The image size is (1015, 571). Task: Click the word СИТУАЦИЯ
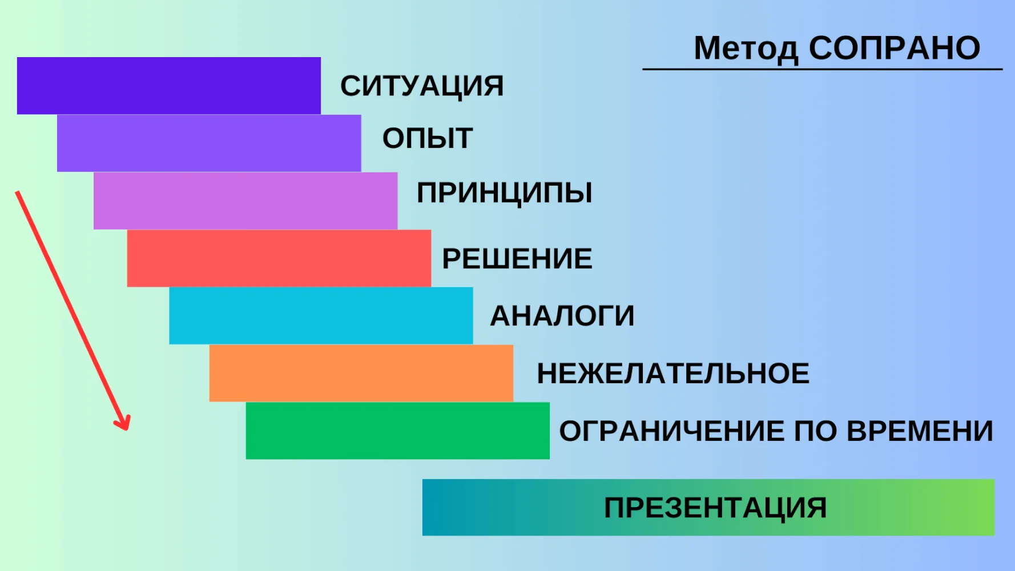click(x=422, y=86)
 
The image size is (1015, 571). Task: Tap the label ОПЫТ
click(x=428, y=138)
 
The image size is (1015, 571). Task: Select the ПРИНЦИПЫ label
click(x=505, y=193)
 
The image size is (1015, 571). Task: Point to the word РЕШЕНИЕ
click(x=517, y=259)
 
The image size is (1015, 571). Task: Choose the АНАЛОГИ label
click(x=562, y=316)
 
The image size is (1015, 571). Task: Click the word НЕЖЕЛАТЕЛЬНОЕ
click(x=673, y=373)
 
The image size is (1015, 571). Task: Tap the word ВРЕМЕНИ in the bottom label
click(x=920, y=431)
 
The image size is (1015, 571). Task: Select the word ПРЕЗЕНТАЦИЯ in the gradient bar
click(x=715, y=508)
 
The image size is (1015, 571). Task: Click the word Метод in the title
click(x=746, y=49)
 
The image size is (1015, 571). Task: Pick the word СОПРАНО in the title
click(x=895, y=48)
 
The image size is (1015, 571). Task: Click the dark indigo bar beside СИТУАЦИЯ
click(x=169, y=86)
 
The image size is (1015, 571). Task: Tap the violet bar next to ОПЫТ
click(x=209, y=143)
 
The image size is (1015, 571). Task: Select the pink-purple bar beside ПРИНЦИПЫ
click(x=245, y=201)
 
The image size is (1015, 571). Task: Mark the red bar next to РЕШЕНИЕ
click(x=279, y=258)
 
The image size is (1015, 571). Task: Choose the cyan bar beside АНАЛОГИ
click(x=321, y=316)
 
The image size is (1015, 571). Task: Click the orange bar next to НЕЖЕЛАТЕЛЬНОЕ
click(x=361, y=373)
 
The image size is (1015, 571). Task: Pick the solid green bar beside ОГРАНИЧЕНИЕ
click(x=398, y=431)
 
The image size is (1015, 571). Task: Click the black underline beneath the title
click(x=823, y=69)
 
